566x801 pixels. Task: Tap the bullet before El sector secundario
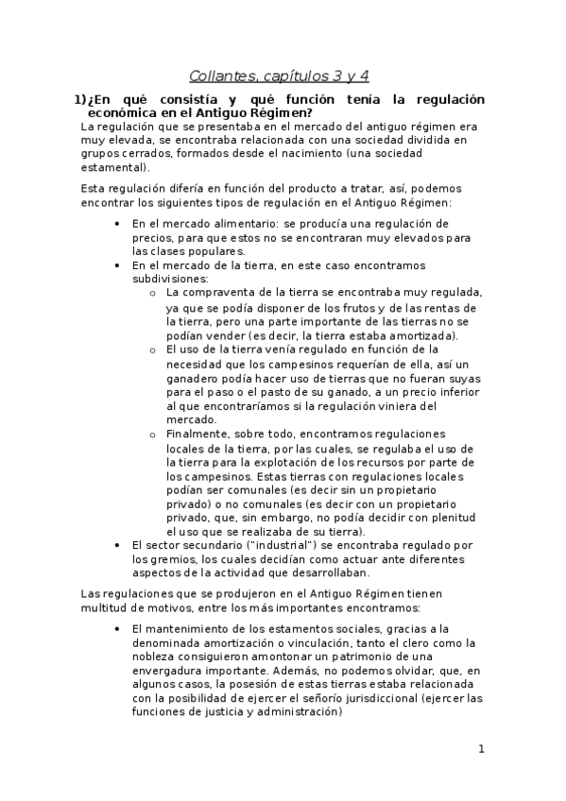(115, 545)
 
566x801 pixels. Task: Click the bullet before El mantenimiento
(115, 628)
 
